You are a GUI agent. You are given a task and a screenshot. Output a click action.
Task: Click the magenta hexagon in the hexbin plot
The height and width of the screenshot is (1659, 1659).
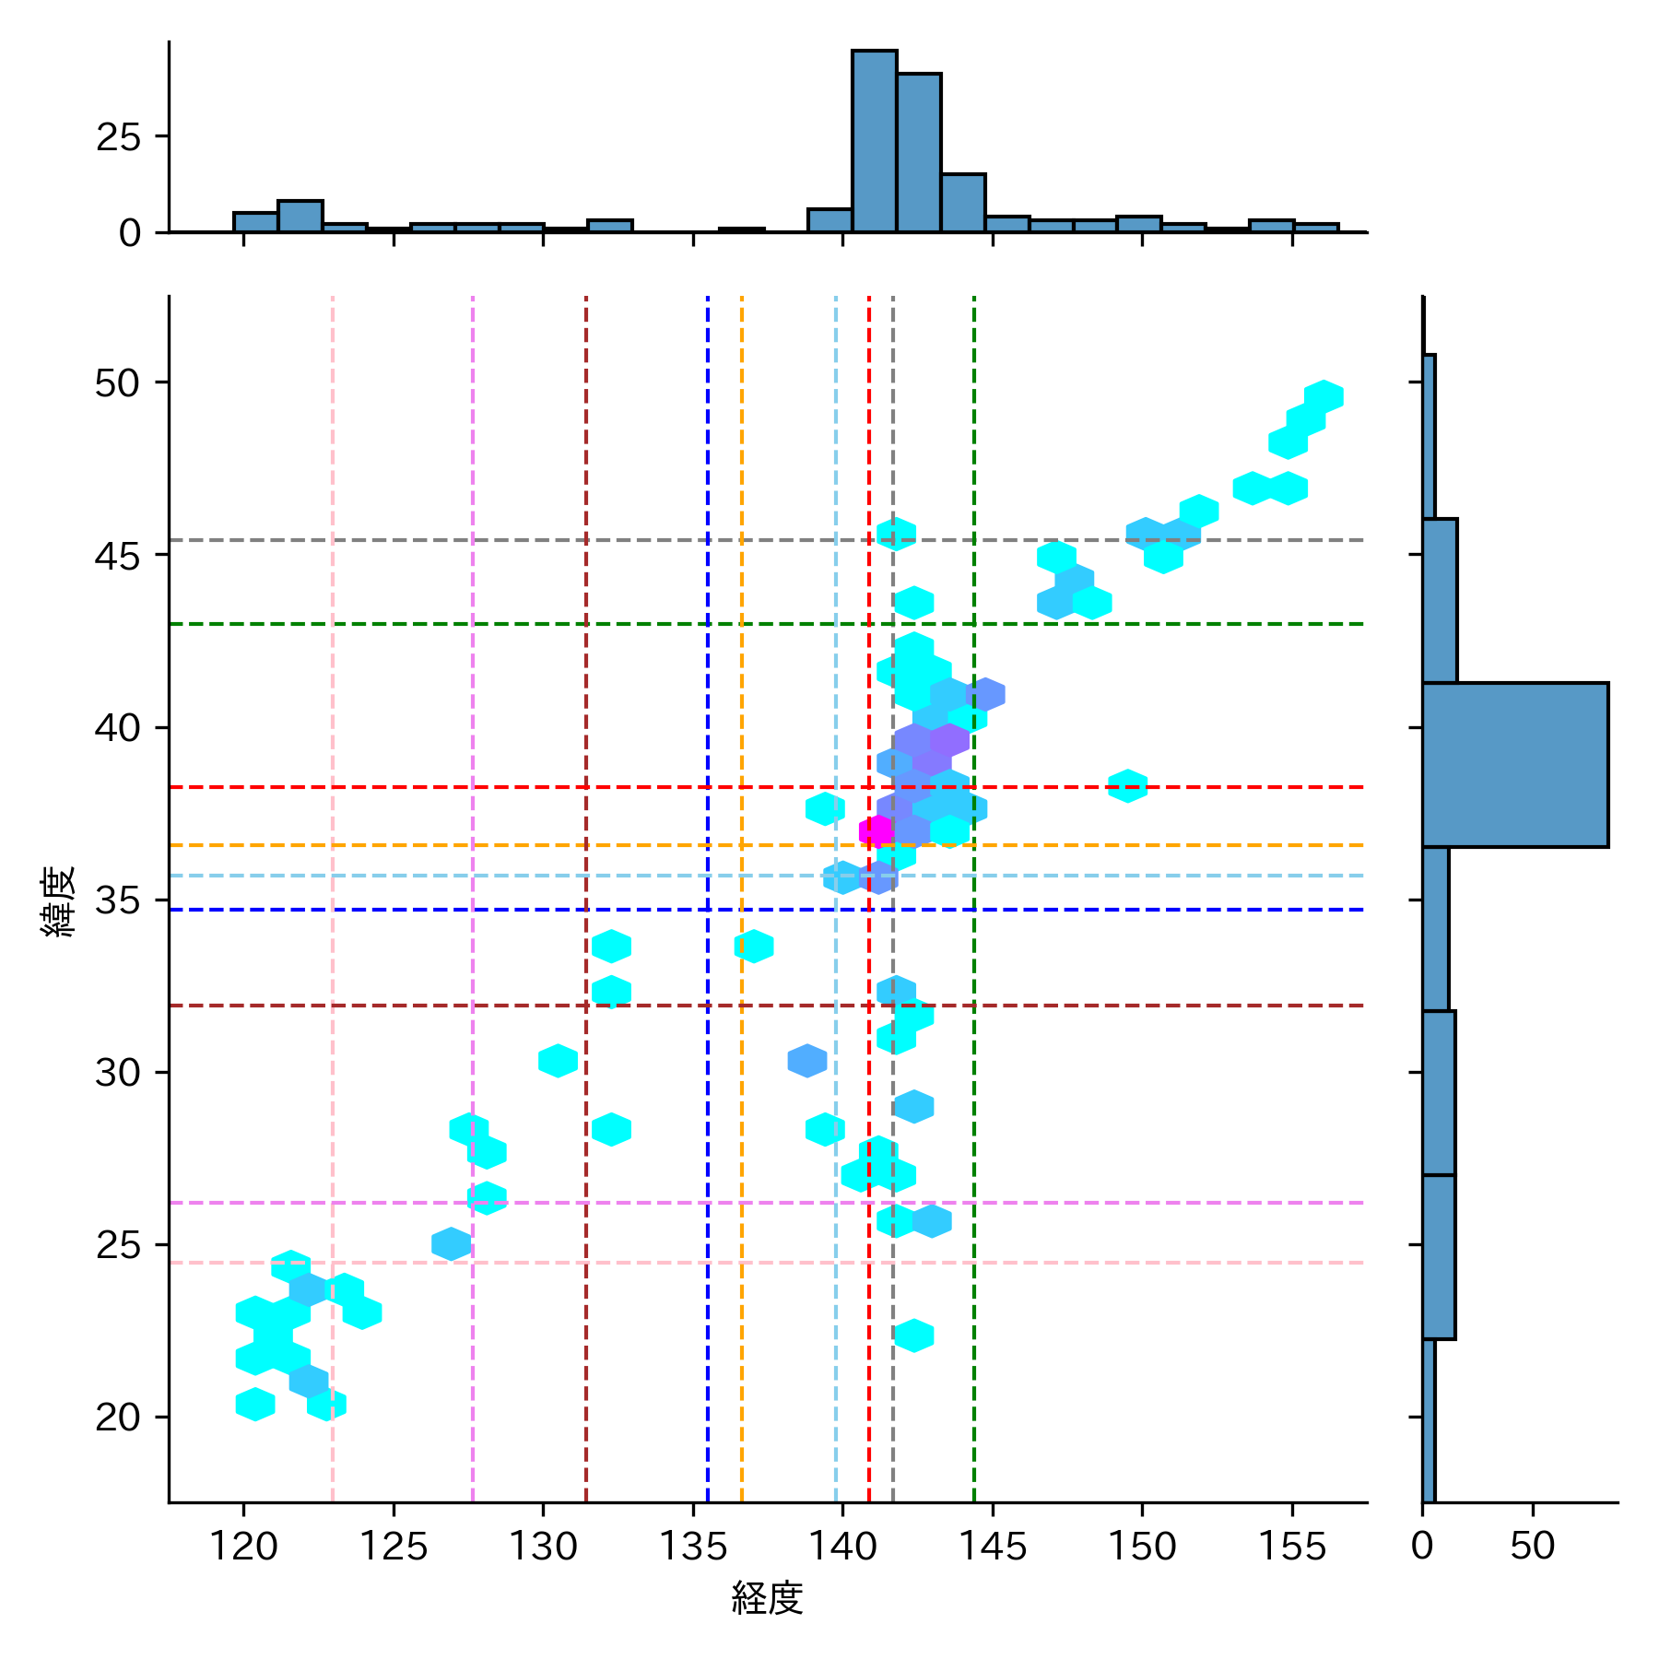coord(876,831)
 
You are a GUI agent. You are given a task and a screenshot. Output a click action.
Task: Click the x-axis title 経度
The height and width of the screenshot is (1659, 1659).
coord(767,1598)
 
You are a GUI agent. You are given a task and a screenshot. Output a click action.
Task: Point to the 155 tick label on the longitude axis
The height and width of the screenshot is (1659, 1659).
coord(1291,1546)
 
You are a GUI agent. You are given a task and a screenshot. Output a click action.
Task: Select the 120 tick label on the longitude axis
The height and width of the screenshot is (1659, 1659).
coord(243,1546)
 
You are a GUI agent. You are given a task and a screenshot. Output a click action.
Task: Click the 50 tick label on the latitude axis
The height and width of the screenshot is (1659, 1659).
coord(118,383)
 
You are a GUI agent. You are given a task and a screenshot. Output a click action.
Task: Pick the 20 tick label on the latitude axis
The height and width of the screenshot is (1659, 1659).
coord(118,1418)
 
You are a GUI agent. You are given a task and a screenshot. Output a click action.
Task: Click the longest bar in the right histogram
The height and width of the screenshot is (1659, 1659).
coord(1514,764)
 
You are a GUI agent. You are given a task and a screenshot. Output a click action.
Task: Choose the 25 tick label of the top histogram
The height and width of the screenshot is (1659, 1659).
coord(118,137)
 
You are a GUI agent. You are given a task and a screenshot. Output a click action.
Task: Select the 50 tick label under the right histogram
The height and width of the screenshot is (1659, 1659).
coord(1533,1546)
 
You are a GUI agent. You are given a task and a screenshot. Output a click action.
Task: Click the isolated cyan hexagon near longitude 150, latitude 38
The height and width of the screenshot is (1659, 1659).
coord(1127,786)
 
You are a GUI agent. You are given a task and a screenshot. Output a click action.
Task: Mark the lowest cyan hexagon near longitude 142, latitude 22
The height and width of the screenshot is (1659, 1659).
coord(913,1335)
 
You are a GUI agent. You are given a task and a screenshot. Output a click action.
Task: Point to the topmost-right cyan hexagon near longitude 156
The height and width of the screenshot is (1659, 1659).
coord(1324,396)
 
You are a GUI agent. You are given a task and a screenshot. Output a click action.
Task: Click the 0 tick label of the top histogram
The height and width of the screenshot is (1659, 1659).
coord(130,233)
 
